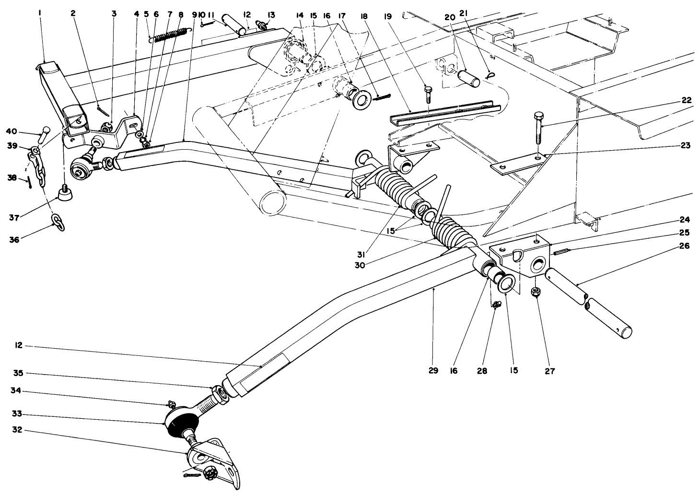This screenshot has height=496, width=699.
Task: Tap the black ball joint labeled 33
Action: point(182,423)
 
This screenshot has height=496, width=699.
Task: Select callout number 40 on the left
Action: point(11,130)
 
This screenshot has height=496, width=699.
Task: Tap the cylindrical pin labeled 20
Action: point(469,78)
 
